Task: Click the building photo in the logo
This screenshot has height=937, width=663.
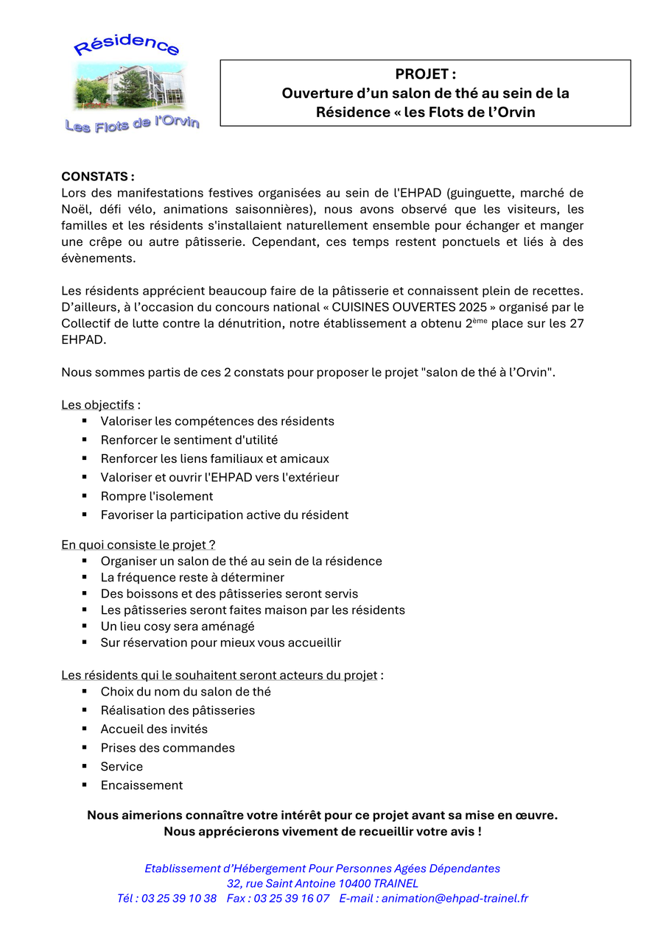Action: (x=129, y=86)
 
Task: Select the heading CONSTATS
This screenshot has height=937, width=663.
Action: (x=97, y=177)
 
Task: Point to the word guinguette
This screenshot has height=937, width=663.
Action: (x=483, y=193)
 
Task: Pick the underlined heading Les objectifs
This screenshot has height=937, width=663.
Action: (x=98, y=405)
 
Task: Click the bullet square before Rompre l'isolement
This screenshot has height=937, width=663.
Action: (x=85, y=495)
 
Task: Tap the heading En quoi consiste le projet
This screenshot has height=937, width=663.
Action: (x=138, y=545)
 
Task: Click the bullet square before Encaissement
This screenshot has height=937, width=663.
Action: (x=85, y=785)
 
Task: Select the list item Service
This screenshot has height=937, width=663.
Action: (x=122, y=766)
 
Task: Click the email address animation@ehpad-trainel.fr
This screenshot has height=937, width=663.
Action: (x=455, y=898)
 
